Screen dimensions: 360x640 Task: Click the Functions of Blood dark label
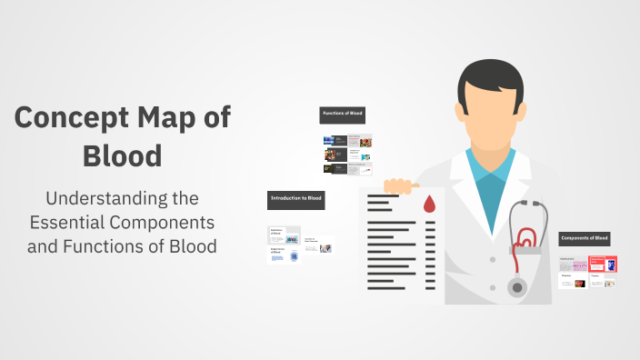(342, 114)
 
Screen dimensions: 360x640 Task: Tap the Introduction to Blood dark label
(295, 196)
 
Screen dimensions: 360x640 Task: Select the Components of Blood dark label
(584, 238)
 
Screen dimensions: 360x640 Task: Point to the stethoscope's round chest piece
(518, 287)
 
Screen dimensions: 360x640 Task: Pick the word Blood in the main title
(122, 155)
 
